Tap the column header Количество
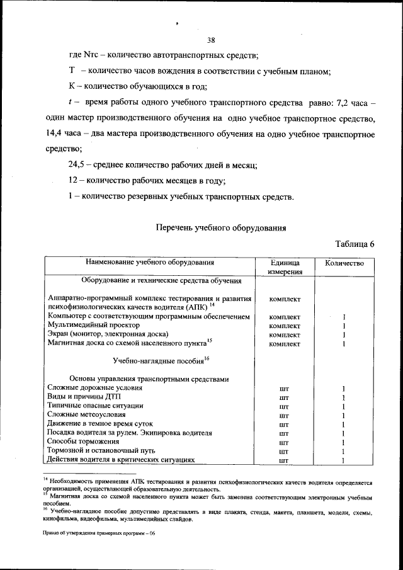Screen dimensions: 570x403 click(344, 263)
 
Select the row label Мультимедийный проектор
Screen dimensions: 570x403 click(88, 325)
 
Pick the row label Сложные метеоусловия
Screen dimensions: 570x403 click(86, 415)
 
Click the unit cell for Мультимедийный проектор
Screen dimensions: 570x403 click(284, 326)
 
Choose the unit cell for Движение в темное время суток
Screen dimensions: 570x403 click(284, 425)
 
